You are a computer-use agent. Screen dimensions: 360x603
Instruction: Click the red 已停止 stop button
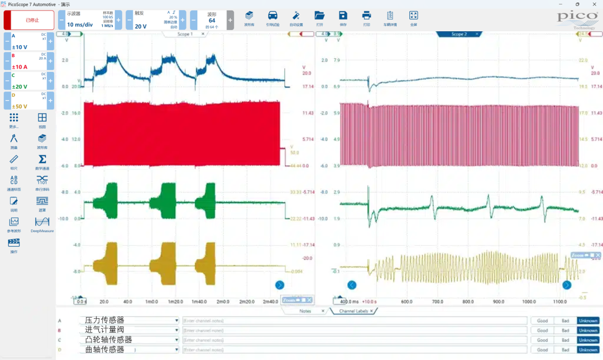29,20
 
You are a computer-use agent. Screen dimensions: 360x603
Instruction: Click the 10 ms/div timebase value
80,25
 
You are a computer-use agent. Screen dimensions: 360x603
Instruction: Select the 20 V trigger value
141,26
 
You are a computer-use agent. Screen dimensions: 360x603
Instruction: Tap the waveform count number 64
212,21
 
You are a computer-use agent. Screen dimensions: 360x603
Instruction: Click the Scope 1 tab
184,34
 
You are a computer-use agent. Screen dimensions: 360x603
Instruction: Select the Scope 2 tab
458,34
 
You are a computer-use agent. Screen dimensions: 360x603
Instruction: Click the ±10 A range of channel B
20,67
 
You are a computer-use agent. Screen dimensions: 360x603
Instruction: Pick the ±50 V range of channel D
20,106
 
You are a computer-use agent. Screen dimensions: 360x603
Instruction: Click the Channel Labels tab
353,311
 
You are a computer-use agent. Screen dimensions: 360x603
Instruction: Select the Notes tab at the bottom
305,311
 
